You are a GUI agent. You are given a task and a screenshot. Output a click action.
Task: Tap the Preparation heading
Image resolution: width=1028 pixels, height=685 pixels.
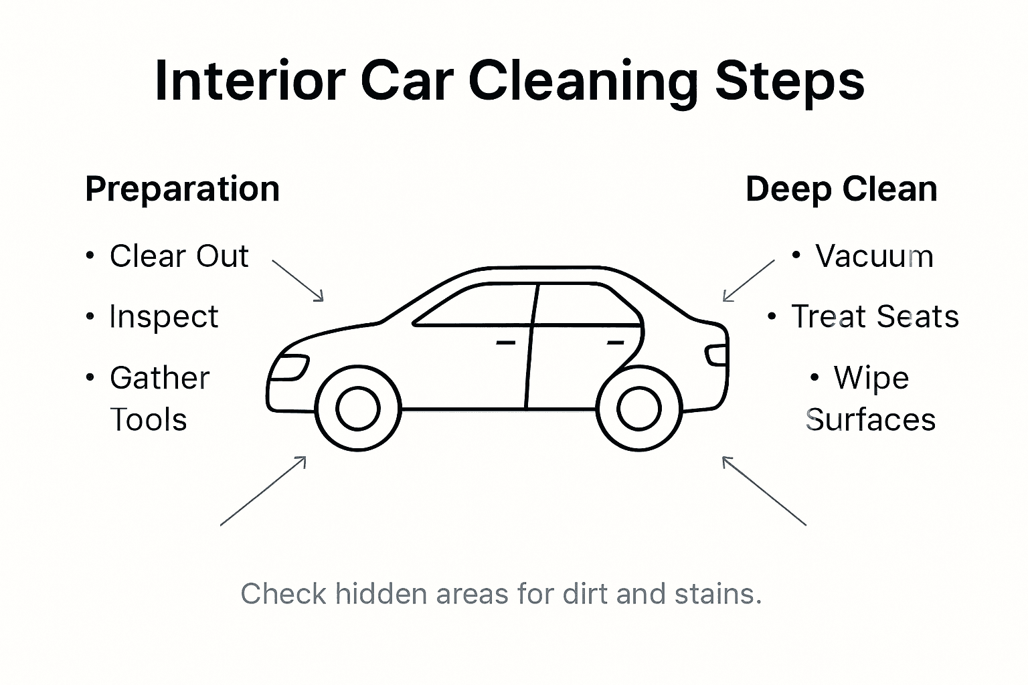[182, 189]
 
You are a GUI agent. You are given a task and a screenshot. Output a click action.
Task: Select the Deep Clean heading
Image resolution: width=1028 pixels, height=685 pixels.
[841, 189]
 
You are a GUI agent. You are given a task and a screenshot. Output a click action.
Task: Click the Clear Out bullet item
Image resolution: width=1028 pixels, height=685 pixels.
[179, 256]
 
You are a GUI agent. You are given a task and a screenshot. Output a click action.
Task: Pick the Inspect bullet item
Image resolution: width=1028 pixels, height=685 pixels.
[163, 317]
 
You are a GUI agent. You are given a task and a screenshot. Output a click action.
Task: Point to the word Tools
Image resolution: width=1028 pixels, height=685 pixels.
[148, 420]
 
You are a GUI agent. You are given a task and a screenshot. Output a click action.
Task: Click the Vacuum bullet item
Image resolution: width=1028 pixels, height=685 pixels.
[873, 256]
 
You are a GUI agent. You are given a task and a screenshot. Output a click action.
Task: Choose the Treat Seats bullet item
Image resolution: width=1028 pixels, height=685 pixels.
[874, 317]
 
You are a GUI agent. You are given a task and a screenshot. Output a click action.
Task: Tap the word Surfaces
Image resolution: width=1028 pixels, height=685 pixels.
[870, 420]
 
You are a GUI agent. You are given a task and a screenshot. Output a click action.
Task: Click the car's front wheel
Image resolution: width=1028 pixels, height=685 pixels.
[357, 409]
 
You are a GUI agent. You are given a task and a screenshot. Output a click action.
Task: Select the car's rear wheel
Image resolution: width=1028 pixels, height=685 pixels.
[638, 409]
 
